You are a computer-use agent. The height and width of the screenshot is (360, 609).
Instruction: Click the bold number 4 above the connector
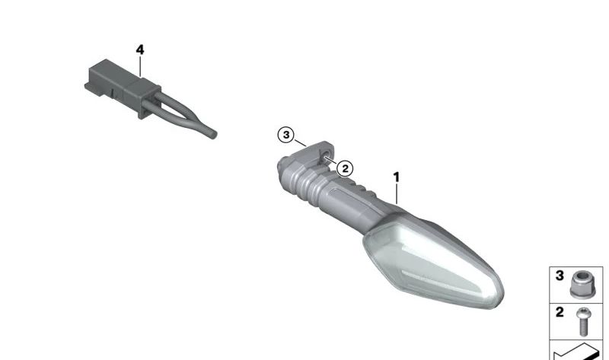[x=140, y=49]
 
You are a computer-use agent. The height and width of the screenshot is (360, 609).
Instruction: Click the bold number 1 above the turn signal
[x=396, y=177]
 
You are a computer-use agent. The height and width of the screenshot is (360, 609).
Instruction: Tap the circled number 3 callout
[x=286, y=135]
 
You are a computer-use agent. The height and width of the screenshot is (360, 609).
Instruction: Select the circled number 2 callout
[x=345, y=168]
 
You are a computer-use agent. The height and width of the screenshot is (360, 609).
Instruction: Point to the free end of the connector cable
[x=214, y=135]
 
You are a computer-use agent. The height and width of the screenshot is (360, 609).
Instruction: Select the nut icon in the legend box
[x=582, y=285]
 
